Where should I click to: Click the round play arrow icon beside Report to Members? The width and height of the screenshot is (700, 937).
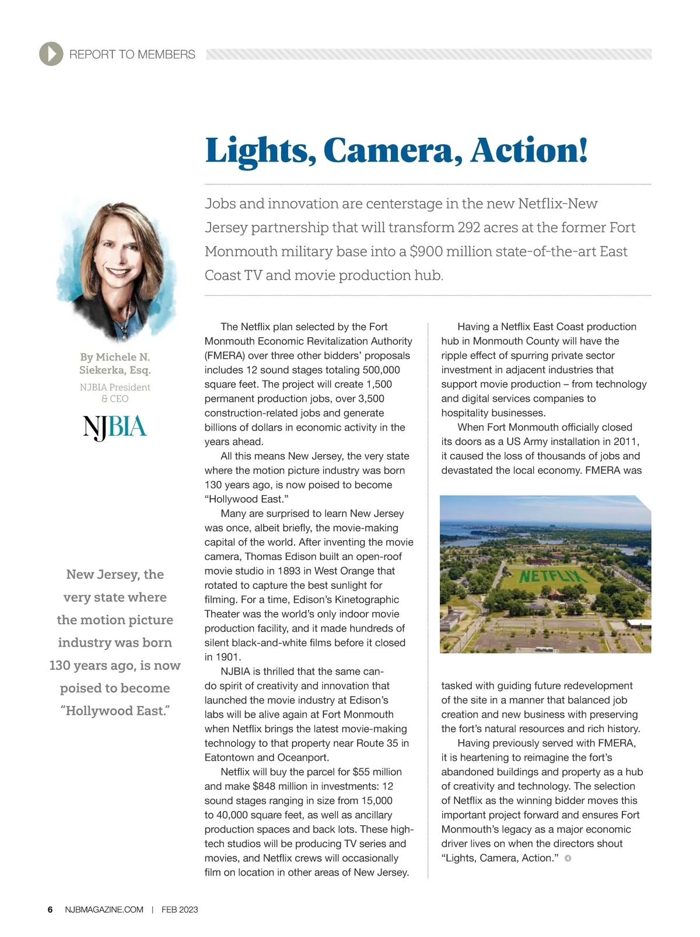coord(51,54)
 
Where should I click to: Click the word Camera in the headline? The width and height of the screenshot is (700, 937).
coord(388,151)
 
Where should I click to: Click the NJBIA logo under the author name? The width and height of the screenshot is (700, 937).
coord(115,428)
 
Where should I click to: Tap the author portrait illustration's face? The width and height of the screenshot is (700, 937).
coord(117,257)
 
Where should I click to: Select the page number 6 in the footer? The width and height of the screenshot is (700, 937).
coord(50,910)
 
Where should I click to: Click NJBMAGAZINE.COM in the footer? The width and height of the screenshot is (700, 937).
coord(104,910)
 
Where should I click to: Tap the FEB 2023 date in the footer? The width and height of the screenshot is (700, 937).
coord(180,910)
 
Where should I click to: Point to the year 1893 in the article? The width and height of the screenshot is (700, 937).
coord(289,571)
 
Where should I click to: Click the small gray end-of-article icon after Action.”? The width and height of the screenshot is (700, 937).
coord(568,858)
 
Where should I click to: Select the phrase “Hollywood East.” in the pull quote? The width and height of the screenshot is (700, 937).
coord(115,711)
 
